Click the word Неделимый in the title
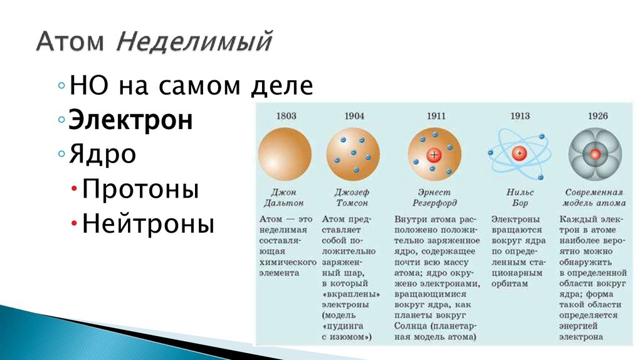click(x=195, y=43)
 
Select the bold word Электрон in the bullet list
click(x=130, y=120)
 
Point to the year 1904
click(x=354, y=116)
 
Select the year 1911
click(x=434, y=116)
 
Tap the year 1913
click(x=519, y=116)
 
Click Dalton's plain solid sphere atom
click(x=285, y=153)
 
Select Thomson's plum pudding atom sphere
click(x=354, y=153)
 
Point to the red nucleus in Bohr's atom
click(x=519, y=153)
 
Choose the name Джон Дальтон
click(x=283, y=198)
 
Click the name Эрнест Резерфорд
click(x=434, y=198)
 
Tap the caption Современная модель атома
click(x=594, y=198)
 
